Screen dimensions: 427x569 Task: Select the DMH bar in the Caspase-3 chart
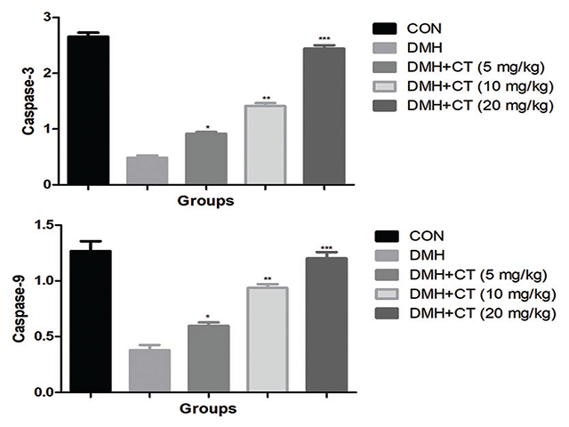pyautogui.click(x=147, y=170)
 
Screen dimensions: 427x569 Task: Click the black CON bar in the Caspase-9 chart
pyautogui.click(x=90, y=320)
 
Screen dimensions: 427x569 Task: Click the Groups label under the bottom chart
pyautogui.click(x=207, y=409)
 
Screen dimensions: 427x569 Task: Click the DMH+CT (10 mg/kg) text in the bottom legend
pyautogui.click(x=479, y=294)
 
